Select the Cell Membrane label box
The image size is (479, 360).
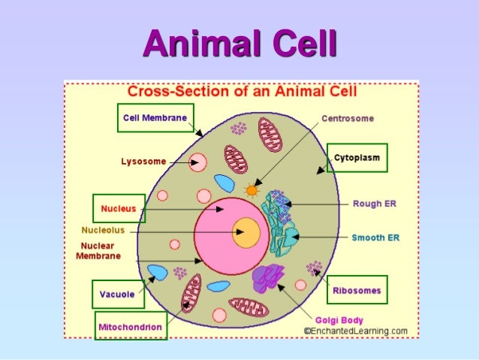[156, 118]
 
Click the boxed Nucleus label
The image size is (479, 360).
[118, 208]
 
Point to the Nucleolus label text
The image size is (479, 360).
[104, 230]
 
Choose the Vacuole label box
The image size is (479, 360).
[118, 294]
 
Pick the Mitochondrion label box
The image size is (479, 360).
[131, 327]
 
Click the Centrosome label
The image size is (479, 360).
[348, 118]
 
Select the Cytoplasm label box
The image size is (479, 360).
[357, 158]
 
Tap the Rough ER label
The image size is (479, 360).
[374, 203]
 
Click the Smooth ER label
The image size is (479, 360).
[375, 237]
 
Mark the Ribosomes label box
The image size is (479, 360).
[357, 290]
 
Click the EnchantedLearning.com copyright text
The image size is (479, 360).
[355, 331]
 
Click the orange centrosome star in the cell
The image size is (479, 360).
[252, 189]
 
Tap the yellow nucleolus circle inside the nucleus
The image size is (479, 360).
[246, 232]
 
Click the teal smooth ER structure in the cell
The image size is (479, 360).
[284, 239]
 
